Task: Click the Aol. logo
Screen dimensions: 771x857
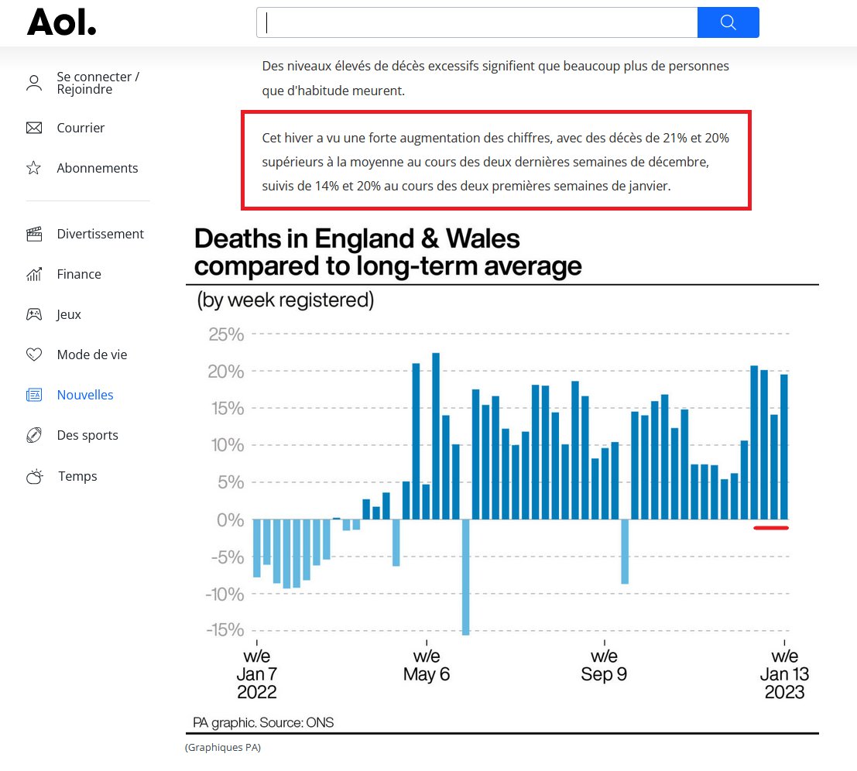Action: tap(62, 22)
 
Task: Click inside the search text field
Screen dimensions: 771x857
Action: tap(476, 22)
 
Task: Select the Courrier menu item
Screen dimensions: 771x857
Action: tap(81, 128)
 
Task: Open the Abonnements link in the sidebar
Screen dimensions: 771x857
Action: tap(97, 168)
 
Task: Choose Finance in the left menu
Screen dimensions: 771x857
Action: tap(78, 274)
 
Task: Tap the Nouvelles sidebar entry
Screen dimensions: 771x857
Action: tap(85, 395)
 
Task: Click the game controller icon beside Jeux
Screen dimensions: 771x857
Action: tap(34, 314)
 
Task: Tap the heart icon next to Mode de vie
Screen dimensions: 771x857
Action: tap(34, 355)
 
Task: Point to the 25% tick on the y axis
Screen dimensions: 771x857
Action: tap(226, 335)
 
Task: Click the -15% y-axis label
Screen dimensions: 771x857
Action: tap(225, 630)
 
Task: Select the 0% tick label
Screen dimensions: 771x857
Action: tap(231, 520)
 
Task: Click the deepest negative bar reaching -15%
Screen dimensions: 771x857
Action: tap(465, 577)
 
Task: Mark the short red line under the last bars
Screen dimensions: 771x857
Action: tap(770, 528)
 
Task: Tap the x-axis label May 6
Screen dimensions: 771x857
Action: tap(427, 673)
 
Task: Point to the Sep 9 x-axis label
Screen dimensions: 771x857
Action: tap(604, 673)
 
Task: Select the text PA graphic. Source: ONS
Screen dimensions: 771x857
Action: tap(263, 723)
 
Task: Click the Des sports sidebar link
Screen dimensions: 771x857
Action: tap(87, 435)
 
